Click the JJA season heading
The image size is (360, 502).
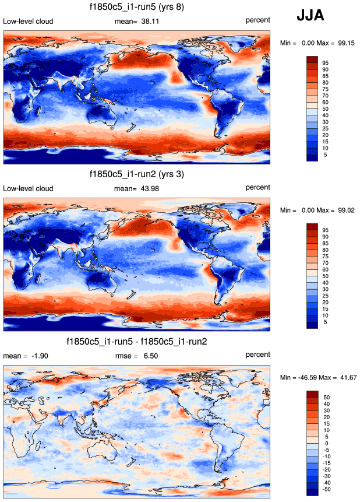click(x=311, y=16)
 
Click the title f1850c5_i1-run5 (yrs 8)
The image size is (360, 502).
click(x=136, y=7)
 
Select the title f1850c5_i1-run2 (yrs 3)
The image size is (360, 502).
click(x=136, y=174)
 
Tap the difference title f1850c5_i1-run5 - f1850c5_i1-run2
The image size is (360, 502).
click(x=136, y=341)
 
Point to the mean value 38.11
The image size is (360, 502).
click(x=150, y=22)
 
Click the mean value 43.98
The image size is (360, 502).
click(x=150, y=188)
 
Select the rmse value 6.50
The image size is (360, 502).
click(x=150, y=356)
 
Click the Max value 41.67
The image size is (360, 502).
click(x=347, y=377)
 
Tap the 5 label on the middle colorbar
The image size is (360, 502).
click(x=325, y=321)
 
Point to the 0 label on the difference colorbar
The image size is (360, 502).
click(x=325, y=443)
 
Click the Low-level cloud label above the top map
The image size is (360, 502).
click(x=29, y=22)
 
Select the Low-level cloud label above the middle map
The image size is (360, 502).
click(x=29, y=188)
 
